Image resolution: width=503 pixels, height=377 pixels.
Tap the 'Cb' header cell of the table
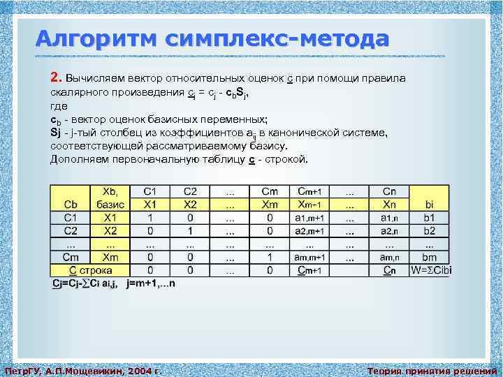[71, 205]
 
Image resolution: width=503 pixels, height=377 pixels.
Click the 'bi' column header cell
[429, 205]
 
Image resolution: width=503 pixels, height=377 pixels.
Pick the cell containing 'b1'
[429, 218]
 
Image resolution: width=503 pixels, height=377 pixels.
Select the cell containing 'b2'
[429, 230]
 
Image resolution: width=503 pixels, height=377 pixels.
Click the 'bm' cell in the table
[429, 257]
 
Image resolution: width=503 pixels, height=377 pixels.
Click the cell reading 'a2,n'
[389, 230]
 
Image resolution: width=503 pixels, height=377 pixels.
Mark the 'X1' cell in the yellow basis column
[110, 218]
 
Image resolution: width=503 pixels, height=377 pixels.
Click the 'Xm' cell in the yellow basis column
[110, 257]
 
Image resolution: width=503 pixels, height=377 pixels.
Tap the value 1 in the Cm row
[270, 257]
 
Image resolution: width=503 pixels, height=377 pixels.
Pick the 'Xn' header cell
[389, 205]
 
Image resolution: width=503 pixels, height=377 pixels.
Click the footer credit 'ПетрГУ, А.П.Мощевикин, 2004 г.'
[83, 371]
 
